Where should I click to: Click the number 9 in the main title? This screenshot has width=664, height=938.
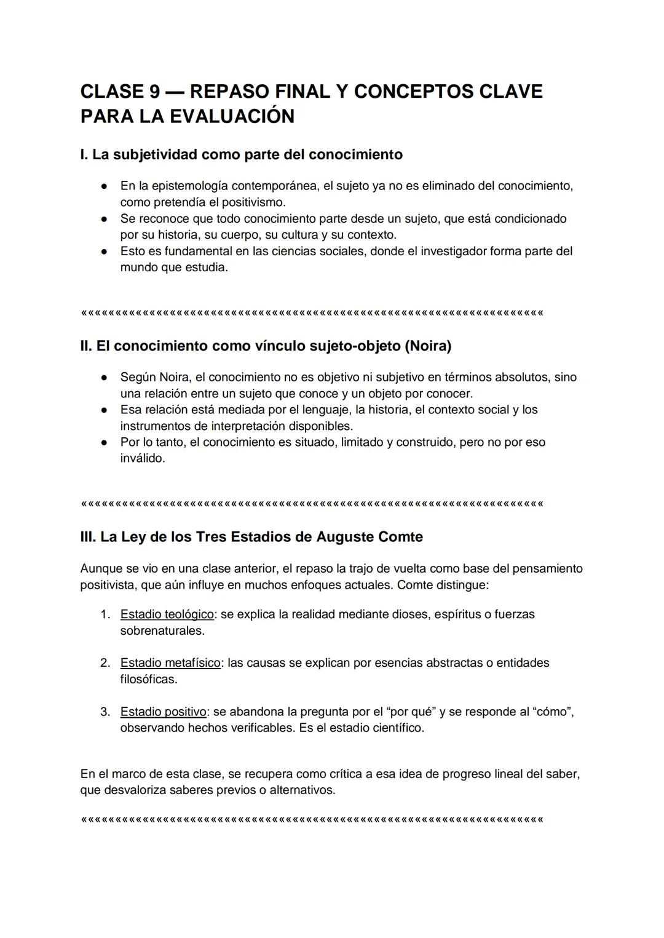[154, 92]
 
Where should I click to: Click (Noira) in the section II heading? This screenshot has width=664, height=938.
[427, 346]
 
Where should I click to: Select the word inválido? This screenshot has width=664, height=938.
[143, 458]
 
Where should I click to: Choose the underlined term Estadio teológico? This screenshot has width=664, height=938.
[167, 614]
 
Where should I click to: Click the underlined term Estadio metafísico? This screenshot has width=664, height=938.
[170, 663]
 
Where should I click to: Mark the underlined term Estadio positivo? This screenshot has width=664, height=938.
[163, 712]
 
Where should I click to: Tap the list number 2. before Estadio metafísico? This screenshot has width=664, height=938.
[105, 663]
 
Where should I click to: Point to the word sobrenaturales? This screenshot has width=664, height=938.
[162, 630]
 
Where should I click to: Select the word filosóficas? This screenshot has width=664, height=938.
[148, 679]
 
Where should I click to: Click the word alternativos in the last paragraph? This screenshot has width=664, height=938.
[302, 790]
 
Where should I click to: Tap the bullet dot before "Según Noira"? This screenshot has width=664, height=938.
[106, 378]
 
